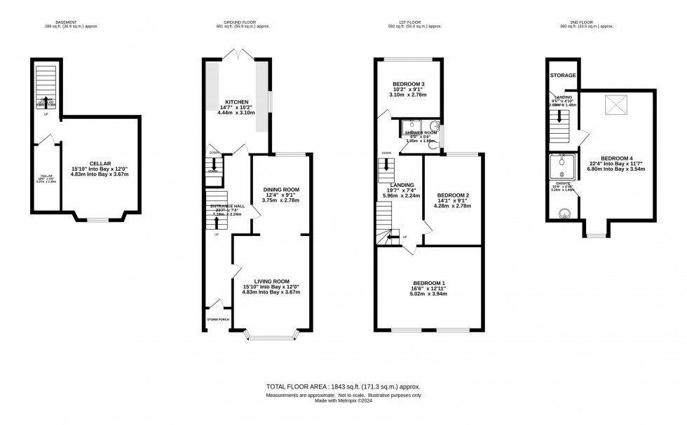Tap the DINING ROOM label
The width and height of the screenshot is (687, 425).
281,190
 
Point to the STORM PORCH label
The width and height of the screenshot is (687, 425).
218,319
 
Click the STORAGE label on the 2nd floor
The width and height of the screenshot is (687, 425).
562,75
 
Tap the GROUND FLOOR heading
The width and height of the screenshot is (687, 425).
234,22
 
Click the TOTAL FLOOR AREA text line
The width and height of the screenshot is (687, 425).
343,386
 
